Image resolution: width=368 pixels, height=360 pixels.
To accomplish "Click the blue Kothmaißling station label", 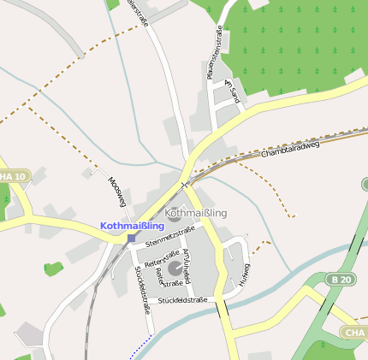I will click(132, 226).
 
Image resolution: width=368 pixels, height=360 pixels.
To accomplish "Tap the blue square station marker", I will click(130, 238).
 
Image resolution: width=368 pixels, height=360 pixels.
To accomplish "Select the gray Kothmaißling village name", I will click(197, 211).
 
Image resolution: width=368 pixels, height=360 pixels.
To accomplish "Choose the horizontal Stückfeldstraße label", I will click(183, 300).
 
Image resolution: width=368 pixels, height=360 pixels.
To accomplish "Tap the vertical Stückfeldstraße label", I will click(142, 290).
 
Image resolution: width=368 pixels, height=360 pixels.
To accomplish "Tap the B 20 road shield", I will click(340, 280).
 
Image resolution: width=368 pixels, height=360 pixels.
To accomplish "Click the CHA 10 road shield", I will click(12, 176).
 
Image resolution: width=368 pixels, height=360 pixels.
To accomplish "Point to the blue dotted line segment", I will click(139, 346).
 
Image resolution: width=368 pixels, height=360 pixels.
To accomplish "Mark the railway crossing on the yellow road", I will click(184, 184).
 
